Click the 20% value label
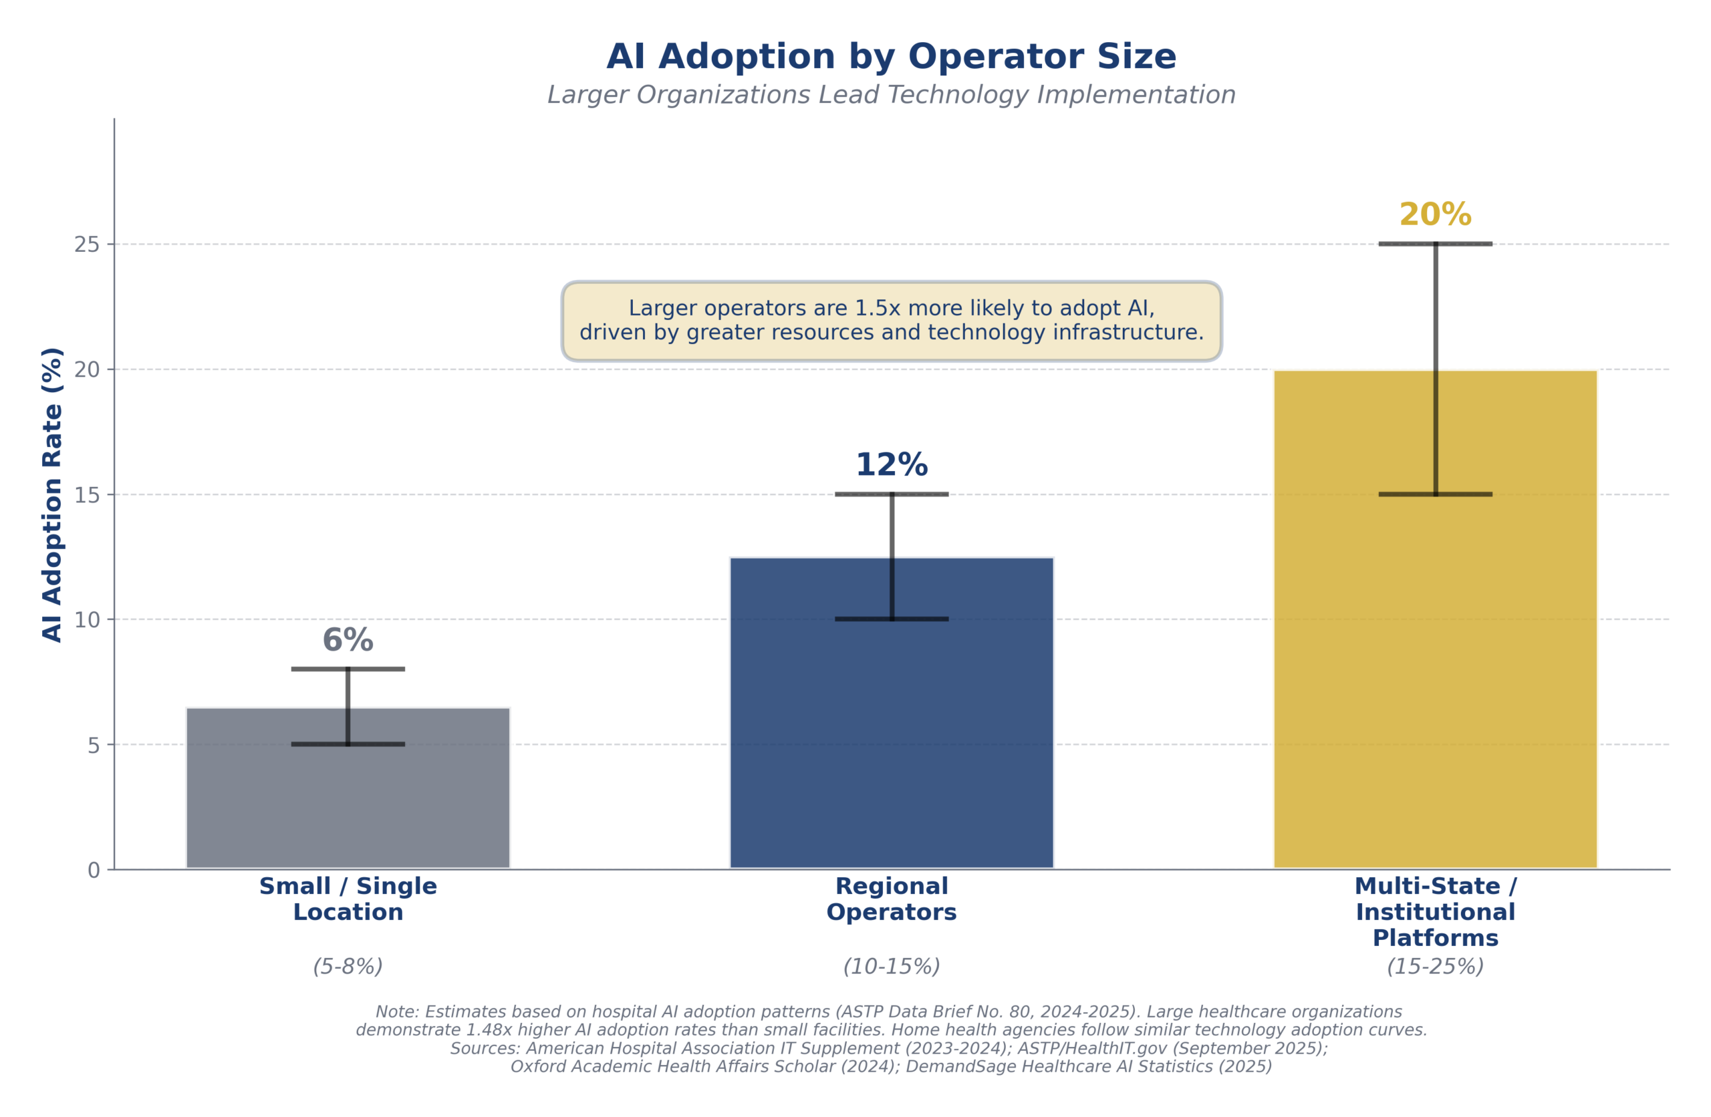click(1435, 215)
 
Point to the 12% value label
click(892, 465)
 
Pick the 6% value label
click(348, 641)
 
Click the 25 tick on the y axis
click(87, 245)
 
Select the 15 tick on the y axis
click(87, 495)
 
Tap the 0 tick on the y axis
click(94, 871)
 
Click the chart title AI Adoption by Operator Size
click(892, 57)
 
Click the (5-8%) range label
click(348, 967)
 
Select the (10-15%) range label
click(892, 967)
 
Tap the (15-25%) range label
click(1435, 967)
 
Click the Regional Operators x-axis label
click(892, 899)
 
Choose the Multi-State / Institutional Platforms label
click(1435, 912)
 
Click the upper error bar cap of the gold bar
click(1435, 245)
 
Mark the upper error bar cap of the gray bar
click(348, 669)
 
